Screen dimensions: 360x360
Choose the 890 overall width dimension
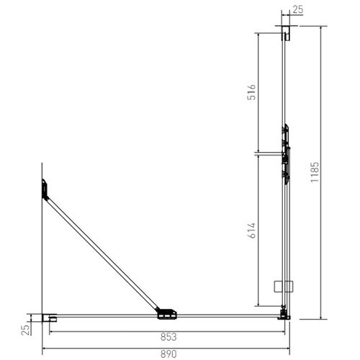click(x=167, y=354)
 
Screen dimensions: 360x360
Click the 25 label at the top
click(x=297, y=9)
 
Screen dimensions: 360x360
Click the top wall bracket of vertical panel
click(x=286, y=33)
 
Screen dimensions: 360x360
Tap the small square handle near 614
click(x=280, y=286)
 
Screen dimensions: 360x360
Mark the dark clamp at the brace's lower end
click(x=166, y=312)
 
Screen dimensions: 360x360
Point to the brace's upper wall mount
click(x=45, y=189)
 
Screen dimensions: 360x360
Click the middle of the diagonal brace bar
click(x=101, y=248)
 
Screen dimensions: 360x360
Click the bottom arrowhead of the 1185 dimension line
click(x=320, y=317)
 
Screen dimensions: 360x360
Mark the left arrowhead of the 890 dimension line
click(x=45, y=348)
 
